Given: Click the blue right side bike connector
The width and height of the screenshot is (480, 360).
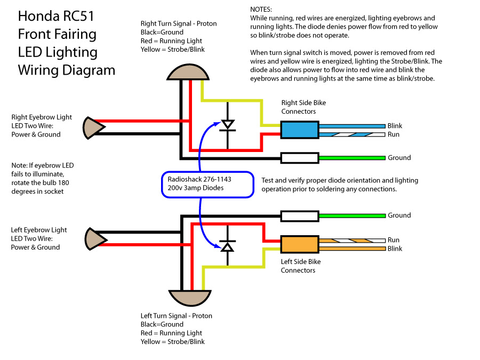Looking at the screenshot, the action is [300, 130].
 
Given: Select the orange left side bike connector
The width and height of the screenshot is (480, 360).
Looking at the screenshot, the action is [300, 244].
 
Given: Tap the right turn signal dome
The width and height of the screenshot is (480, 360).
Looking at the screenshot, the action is [188, 72].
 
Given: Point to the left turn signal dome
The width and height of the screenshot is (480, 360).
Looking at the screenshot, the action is [190, 298].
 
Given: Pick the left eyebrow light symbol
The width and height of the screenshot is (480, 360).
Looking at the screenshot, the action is [95, 239].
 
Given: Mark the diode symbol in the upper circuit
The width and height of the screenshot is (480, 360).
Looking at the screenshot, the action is [227, 125].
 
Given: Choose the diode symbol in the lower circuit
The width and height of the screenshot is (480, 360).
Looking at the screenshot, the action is [227, 246].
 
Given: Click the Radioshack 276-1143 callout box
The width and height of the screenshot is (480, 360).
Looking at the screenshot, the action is [207, 185].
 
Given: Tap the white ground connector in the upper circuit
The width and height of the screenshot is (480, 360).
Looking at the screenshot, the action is [300, 158].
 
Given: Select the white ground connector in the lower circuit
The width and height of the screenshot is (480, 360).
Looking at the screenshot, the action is [300, 216].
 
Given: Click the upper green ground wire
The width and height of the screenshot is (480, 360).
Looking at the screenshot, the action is [352, 158].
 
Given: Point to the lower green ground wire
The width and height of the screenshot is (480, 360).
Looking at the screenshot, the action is [352, 216].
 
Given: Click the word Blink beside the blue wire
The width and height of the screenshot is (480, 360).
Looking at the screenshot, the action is [395, 126].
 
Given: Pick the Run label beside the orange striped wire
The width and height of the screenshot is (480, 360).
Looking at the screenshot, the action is [394, 239].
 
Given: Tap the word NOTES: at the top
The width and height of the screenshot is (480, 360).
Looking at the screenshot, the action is [261, 10].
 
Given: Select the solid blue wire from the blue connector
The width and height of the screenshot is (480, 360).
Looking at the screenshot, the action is [352, 126].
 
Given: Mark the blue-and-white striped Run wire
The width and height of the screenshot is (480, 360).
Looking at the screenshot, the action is [352, 135].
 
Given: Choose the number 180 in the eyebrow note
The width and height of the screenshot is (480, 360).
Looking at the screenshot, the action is [63, 183].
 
